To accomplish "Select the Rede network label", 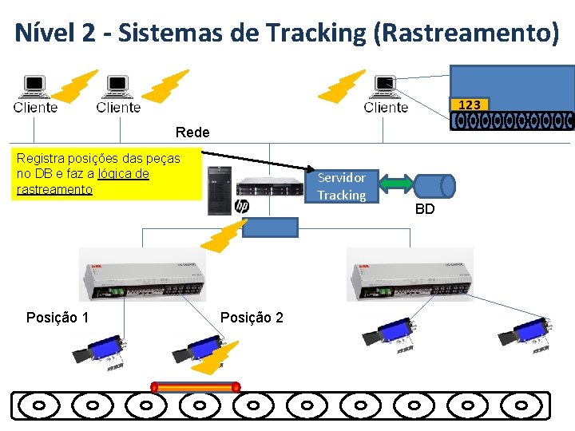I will click(x=192, y=132).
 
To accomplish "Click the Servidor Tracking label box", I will click(x=342, y=186).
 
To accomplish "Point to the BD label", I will click(x=425, y=209).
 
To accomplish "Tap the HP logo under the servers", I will click(x=242, y=207).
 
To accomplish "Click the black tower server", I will click(x=218, y=191).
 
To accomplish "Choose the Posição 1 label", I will click(x=57, y=318).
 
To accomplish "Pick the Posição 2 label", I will click(x=252, y=318).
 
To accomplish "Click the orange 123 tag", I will click(x=470, y=105).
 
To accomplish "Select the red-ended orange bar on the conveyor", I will click(x=196, y=387).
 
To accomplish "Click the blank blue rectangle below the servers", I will click(x=270, y=227).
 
